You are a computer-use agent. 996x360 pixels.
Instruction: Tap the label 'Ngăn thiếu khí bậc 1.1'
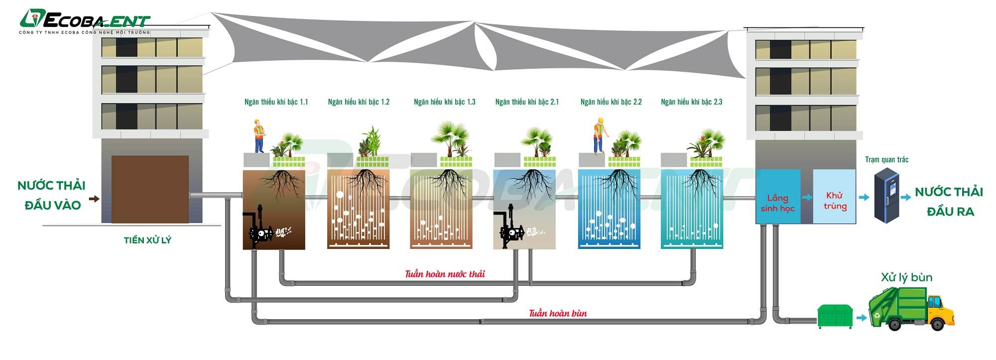point(276,102)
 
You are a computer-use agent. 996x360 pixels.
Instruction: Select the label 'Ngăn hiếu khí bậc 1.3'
point(444,102)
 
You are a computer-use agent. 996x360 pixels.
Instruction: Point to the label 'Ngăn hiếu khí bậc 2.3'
point(691,102)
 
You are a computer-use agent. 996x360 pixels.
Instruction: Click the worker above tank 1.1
point(259,136)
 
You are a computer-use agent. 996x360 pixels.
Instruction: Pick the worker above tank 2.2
point(599,135)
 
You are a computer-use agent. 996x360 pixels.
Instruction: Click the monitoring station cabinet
point(887,195)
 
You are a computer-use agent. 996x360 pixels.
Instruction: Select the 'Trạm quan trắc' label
point(886,160)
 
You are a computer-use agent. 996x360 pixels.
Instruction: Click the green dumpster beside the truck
point(835,316)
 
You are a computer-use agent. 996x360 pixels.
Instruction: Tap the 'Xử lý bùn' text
point(906,278)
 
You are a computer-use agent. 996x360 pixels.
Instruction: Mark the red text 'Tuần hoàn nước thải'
point(445,274)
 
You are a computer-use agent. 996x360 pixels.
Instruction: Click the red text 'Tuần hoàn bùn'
point(558,313)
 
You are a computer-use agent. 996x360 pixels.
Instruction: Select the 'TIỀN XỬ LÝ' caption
point(147,240)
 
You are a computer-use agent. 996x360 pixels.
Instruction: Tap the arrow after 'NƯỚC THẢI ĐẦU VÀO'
point(94,199)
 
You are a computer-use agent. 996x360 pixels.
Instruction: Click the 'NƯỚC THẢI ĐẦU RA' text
point(949,202)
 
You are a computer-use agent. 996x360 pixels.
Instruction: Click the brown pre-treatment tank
point(150,189)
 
